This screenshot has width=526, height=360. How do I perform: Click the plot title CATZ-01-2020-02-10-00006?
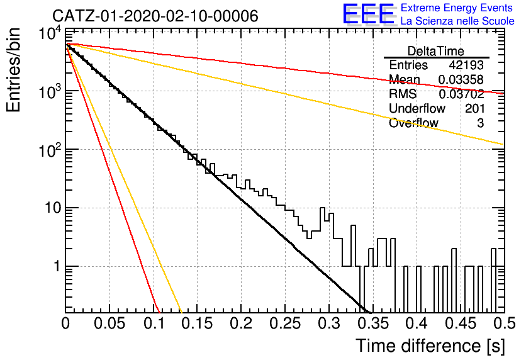(x=155, y=16)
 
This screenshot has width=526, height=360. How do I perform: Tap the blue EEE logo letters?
(x=369, y=14)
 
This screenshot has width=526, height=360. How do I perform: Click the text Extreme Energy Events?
(x=457, y=8)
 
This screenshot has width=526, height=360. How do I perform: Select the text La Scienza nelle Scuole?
(x=457, y=21)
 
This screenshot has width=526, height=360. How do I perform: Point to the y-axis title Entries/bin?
(x=14, y=70)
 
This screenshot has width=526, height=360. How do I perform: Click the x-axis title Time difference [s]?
(x=430, y=346)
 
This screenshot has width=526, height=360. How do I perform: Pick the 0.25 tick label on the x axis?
(x=286, y=323)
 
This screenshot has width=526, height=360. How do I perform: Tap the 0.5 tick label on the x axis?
(x=504, y=323)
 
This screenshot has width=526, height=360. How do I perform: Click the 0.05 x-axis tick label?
(x=109, y=323)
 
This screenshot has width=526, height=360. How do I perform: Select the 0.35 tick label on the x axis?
(x=373, y=323)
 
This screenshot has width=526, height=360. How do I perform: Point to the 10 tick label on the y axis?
(x=53, y=208)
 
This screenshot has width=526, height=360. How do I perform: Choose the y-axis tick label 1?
(x=57, y=266)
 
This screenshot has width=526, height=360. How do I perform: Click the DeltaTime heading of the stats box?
(x=436, y=52)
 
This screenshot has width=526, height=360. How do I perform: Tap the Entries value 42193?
(x=466, y=65)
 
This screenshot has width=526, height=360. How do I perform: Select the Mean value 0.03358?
(x=461, y=79)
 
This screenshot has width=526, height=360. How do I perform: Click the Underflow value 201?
(x=474, y=108)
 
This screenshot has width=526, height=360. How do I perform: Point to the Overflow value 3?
(x=480, y=123)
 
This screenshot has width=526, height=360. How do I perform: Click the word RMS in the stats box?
(x=403, y=94)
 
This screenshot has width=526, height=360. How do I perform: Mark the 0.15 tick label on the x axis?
(x=198, y=323)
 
